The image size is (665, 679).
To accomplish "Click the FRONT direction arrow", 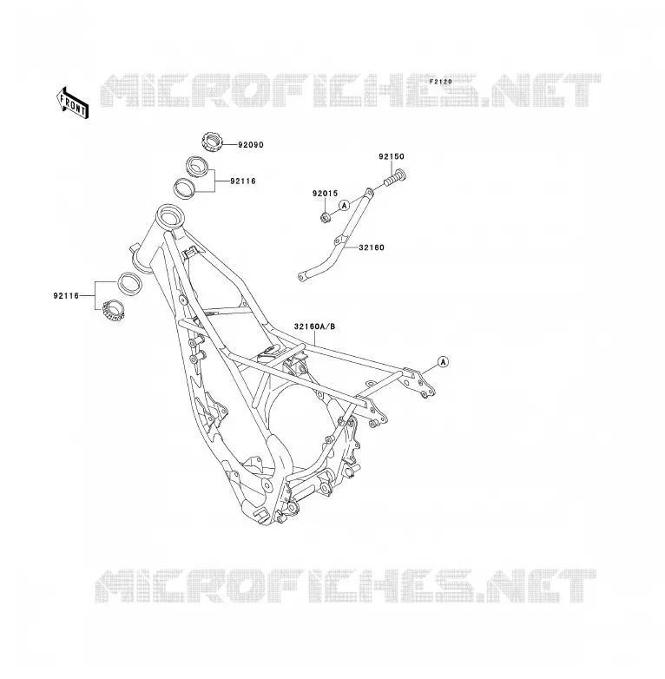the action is click(72, 103).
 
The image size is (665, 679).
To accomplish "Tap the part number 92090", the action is click(251, 145).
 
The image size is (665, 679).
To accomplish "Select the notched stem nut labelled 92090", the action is click(212, 142).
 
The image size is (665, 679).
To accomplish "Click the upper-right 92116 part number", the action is click(243, 181).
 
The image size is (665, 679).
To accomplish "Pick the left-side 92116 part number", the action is click(66, 296).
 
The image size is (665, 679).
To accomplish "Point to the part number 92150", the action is click(392, 156).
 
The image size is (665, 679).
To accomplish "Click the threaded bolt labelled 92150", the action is click(395, 178).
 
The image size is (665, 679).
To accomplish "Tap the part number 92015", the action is click(326, 194).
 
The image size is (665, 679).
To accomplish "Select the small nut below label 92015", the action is click(325, 217).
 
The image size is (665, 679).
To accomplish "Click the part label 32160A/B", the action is click(315, 326).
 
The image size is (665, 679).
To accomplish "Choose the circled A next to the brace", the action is click(344, 205).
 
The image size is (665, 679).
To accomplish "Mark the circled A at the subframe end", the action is click(443, 361).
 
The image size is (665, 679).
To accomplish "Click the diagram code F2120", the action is click(441, 82).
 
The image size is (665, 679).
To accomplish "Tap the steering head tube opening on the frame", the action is click(169, 214).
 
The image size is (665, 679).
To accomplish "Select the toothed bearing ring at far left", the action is click(114, 310).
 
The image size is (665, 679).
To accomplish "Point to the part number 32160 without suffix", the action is click(372, 247).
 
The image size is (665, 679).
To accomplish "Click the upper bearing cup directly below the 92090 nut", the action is click(198, 167).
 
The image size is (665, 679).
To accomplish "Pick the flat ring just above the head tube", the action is click(184, 188).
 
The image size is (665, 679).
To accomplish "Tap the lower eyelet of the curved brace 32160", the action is click(302, 276).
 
